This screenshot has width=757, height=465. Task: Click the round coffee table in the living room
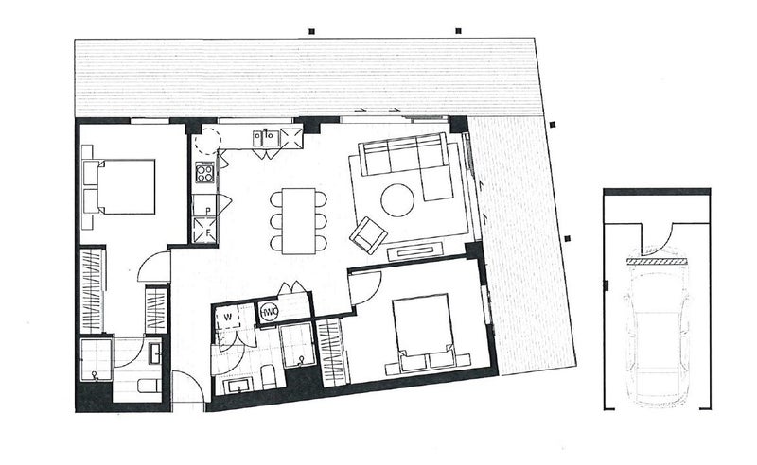[x=396, y=198]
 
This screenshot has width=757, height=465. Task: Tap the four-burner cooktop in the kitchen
[x=204, y=172]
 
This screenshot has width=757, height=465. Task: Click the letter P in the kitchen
[x=205, y=209]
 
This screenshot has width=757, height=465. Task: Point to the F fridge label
[x=205, y=230]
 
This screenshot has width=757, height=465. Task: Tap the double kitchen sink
[x=264, y=138]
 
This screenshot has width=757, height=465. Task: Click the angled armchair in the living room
[x=367, y=234]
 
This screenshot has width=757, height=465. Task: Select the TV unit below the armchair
[x=414, y=251]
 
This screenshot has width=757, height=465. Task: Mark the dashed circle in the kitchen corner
[x=206, y=144]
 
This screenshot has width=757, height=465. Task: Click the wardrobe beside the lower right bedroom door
[x=331, y=349]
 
